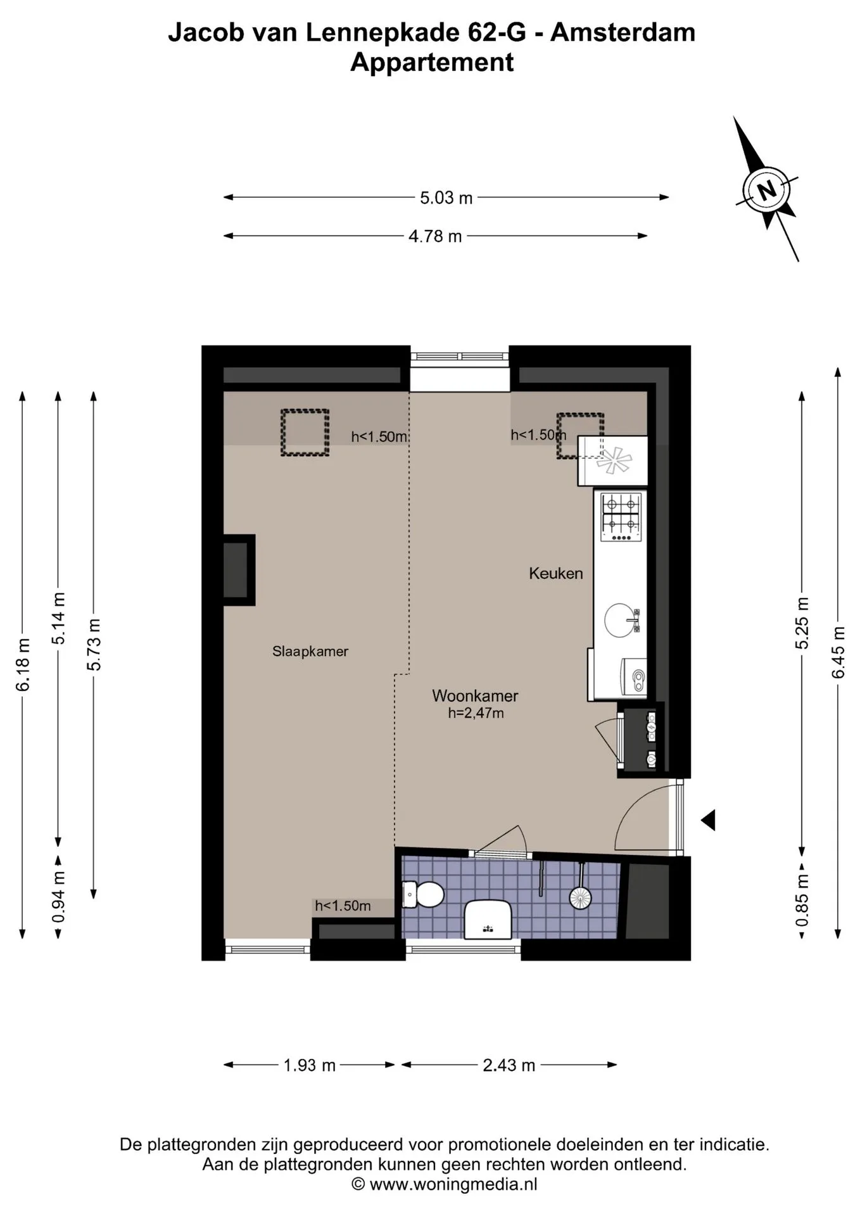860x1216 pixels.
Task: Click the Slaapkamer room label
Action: [310, 651]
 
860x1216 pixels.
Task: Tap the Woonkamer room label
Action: [475, 695]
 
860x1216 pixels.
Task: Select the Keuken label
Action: [556, 573]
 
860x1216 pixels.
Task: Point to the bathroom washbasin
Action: [488, 920]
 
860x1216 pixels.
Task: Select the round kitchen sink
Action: [621, 620]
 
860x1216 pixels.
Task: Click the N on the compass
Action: [767, 189]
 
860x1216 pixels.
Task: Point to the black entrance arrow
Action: [708, 820]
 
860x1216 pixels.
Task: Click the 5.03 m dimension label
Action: [446, 198]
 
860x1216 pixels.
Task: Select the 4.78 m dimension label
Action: [435, 236]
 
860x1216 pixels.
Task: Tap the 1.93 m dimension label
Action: [309, 1065]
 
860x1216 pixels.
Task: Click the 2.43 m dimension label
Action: [509, 1065]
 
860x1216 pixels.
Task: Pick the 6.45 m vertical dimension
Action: [838, 652]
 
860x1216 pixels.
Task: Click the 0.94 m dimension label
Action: [58, 897]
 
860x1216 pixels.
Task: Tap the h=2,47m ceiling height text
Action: [476, 713]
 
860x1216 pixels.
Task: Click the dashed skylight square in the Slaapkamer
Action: [305, 433]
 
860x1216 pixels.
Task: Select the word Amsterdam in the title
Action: [623, 32]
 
